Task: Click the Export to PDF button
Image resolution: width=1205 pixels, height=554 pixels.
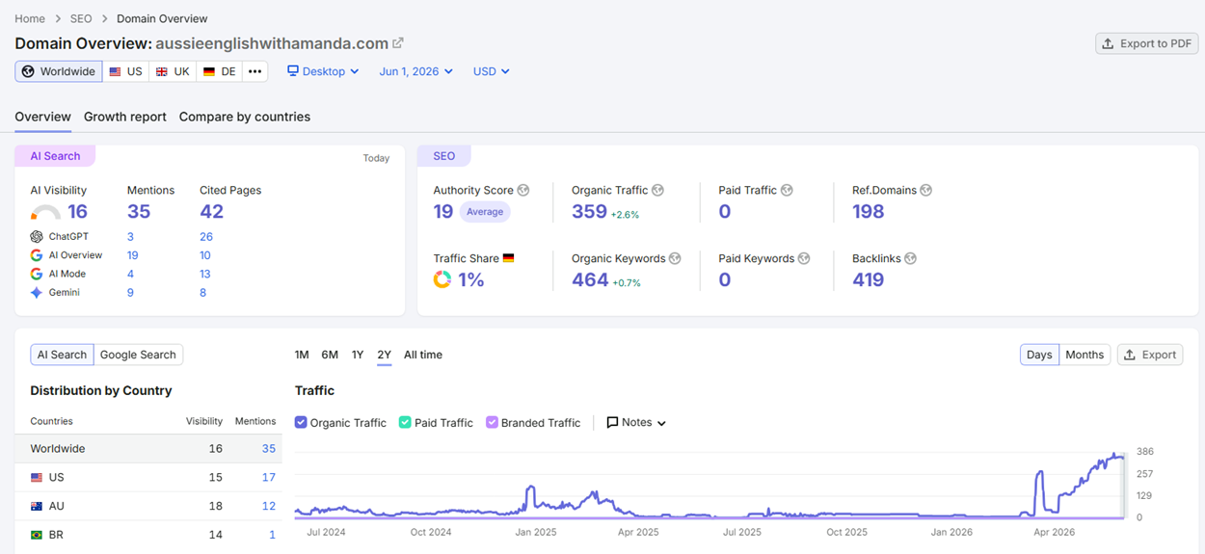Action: click(1147, 43)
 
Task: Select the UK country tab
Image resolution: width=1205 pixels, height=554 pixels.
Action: click(173, 71)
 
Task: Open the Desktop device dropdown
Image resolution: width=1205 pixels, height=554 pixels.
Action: click(323, 71)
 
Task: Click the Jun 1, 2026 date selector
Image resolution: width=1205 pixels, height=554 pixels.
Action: click(415, 71)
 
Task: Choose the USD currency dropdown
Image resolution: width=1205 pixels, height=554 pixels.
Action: click(491, 71)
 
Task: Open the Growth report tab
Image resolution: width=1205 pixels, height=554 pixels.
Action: click(124, 117)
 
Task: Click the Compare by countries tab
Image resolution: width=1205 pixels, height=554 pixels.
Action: click(245, 117)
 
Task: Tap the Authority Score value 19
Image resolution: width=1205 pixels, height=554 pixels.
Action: click(443, 211)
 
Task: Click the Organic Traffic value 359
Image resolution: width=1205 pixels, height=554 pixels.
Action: click(589, 211)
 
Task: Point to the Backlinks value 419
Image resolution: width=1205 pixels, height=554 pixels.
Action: click(868, 279)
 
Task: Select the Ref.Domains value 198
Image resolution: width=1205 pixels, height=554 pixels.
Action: click(868, 211)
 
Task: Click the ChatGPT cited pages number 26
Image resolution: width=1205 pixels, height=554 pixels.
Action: click(206, 237)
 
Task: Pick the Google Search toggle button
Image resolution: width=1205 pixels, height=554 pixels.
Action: click(138, 355)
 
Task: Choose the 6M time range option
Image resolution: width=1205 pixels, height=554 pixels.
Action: click(330, 355)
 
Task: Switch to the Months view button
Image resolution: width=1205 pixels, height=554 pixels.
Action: click(1084, 355)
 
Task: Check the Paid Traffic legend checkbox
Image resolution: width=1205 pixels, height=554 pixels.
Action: click(405, 423)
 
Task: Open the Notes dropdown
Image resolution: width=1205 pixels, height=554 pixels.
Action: click(636, 423)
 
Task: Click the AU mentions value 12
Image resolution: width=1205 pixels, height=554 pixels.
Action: click(269, 506)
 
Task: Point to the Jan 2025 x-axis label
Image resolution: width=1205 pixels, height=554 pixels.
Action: click(536, 533)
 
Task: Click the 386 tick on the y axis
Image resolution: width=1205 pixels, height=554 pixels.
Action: click(1145, 452)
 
